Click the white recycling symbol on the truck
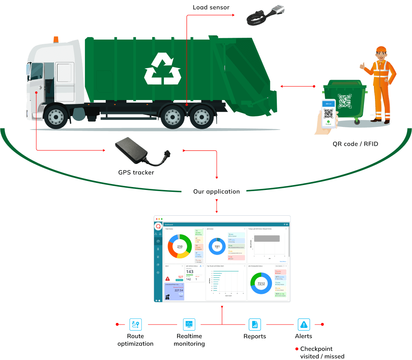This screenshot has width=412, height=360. point(163,68)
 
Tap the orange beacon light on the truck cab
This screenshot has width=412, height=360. point(56,39)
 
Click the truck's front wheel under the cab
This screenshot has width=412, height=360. point(57,115)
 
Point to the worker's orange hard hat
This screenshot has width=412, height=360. point(381,50)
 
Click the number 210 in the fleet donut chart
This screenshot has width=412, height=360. point(180,247)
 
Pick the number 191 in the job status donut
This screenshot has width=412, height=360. point(217,246)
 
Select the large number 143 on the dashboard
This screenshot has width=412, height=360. point(190,272)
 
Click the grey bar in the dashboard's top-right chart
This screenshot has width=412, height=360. point(267,238)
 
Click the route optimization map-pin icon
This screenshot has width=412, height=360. point(136,324)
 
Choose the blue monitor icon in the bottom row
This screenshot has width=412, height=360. point(189,324)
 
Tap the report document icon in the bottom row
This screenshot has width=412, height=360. point(255,324)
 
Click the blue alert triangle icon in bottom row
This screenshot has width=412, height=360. point(304,324)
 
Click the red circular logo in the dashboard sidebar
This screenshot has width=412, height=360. point(158,226)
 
